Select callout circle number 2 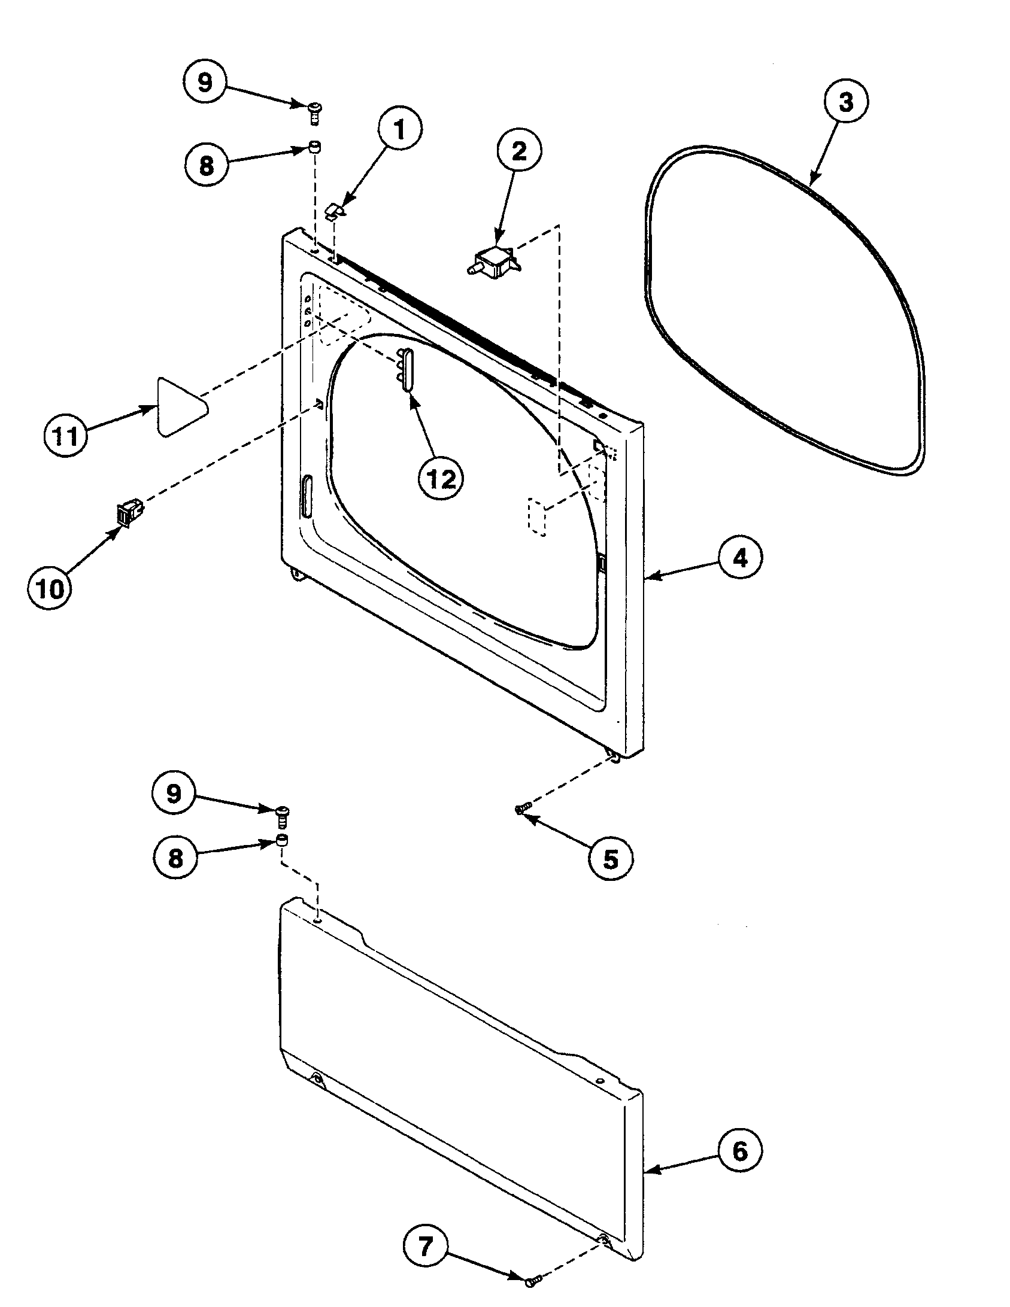click(518, 152)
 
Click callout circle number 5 click(609, 859)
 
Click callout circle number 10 click(50, 589)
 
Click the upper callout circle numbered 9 click(205, 83)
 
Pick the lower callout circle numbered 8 click(175, 858)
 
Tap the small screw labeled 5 click(520, 809)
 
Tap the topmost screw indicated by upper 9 click(314, 112)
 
